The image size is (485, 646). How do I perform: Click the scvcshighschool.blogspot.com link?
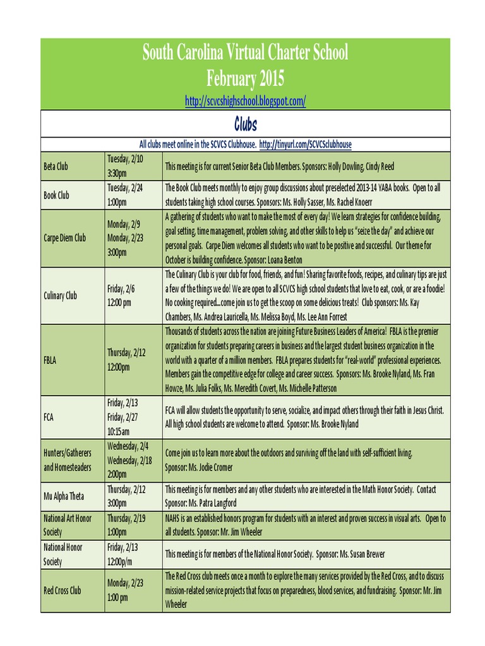coord(245,100)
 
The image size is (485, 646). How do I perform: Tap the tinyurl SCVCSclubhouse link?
coord(306,144)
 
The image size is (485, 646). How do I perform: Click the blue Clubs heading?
coord(245,123)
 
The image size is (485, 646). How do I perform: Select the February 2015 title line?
coord(245,79)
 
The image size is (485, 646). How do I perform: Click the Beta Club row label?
coord(56,167)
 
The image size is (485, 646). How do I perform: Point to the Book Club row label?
coord(56,195)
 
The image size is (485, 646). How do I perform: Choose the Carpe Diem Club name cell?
coord(64,238)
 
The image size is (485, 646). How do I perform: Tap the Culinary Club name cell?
coord(61,295)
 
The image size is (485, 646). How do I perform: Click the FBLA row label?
coord(50,360)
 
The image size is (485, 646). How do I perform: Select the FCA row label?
coord(49,417)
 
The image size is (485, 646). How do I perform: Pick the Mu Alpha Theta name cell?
coord(63,496)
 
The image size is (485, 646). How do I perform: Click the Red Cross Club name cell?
coord(62,590)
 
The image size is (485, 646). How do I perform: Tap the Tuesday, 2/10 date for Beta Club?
coord(125,159)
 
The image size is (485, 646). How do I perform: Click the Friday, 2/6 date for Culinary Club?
coord(121,288)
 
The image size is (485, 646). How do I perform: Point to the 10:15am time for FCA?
coord(118,432)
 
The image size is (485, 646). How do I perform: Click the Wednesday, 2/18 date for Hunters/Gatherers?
coord(130,460)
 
